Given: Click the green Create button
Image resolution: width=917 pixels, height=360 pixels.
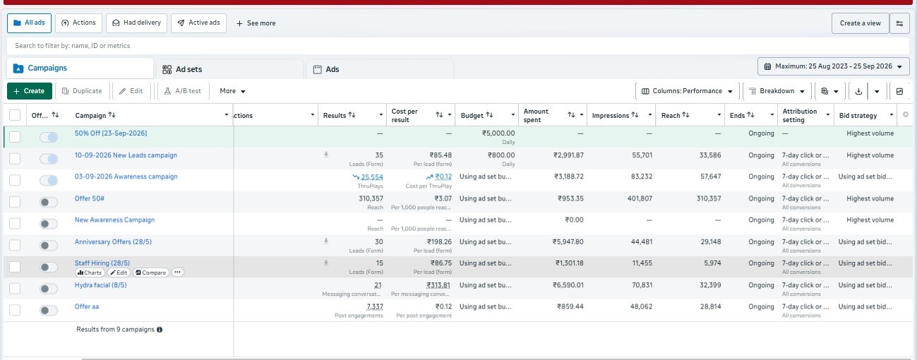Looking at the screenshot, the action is pyautogui.click(x=30, y=91).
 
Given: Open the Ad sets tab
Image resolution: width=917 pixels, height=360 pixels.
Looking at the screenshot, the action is pyautogui.click(x=182, y=69).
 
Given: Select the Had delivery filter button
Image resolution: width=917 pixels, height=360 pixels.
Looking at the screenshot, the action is pyautogui.click(x=136, y=23).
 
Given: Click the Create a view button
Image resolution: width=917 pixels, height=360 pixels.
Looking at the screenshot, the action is pyautogui.click(x=860, y=23).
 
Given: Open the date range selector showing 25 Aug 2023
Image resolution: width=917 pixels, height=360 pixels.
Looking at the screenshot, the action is pyautogui.click(x=834, y=66).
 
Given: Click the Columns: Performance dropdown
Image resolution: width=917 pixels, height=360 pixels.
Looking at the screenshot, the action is pyautogui.click(x=688, y=91).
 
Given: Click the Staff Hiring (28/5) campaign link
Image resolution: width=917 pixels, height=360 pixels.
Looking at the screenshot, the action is pyautogui.click(x=102, y=263).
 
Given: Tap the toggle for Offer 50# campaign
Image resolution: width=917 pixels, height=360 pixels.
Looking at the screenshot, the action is pyautogui.click(x=48, y=202).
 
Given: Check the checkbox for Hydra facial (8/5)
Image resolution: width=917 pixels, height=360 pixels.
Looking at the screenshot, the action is pyautogui.click(x=15, y=288).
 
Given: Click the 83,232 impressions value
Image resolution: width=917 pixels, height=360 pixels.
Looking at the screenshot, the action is pyautogui.click(x=642, y=176).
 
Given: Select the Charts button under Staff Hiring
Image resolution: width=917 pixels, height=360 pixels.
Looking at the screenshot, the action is pyautogui.click(x=90, y=272).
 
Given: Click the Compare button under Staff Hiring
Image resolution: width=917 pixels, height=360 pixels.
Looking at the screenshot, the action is pyautogui.click(x=150, y=272).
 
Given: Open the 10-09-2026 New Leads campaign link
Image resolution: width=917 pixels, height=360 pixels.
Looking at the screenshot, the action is pyautogui.click(x=126, y=155).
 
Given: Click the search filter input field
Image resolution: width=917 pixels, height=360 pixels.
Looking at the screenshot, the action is pyautogui.click(x=457, y=46).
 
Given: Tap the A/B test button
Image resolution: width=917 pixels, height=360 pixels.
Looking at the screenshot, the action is pyautogui.click(x=184, y=91).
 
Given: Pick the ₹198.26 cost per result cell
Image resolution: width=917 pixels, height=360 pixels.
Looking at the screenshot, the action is pyautogui.click(x=439, y=241).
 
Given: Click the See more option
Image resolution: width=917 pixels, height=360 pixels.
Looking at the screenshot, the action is pyautogui.click(x=256, y=23).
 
